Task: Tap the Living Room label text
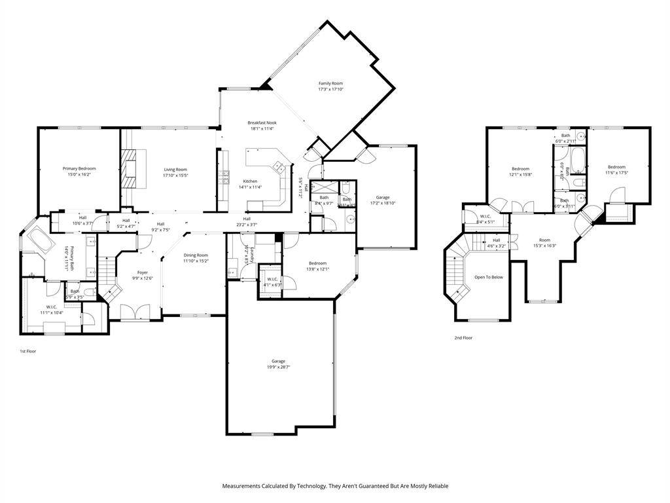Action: (x=175, y=170)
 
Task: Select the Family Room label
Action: (x=330, y=83)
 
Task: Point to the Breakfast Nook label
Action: (x=261, y=122)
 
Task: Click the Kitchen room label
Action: (x=250, y=181)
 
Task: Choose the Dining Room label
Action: (x=196, y=255)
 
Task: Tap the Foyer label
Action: (x=142, y=272)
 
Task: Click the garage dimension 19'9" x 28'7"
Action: (x=278, y=367)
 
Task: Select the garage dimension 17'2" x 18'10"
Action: (x=383, y=203)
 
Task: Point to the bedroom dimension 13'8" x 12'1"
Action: (x=317, y=269)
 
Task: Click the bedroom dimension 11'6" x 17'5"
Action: (x=616, y=173)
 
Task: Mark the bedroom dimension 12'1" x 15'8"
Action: (x=520, y=174)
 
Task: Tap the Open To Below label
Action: (x=489, y=277)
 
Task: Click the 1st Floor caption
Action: (x=27, y=352)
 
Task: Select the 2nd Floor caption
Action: (x=463, y=338)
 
